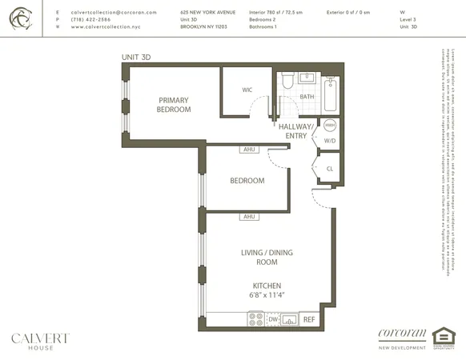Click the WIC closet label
point(247,90)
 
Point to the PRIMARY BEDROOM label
point(173,105)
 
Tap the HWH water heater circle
point(330,126)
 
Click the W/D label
point(330,142)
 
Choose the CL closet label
point(330,168)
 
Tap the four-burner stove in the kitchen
point(257,318)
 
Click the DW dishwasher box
point(274,319)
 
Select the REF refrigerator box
point(309,318)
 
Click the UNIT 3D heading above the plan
point(136,58)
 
